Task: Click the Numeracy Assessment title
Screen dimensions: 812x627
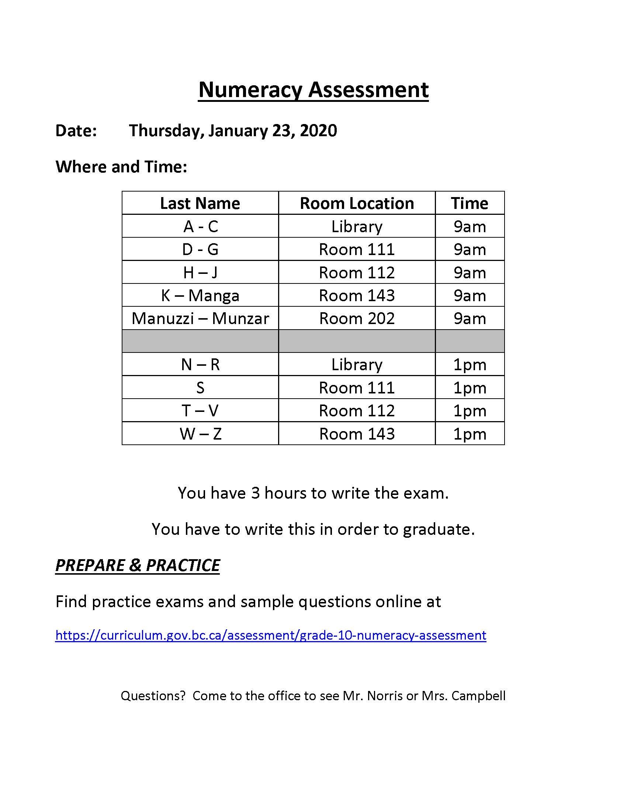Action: coord(313,90)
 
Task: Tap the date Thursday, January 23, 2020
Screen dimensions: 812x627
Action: coord(232,131)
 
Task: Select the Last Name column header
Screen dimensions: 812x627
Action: coord(200,203)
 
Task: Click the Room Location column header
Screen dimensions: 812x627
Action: coord(357,203)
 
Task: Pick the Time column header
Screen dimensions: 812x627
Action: coord(470,203)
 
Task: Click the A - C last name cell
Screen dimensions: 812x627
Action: coord(200,226)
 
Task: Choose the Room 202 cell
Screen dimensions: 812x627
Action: coord(357,319)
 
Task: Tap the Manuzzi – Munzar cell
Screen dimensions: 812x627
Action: coord(200,319)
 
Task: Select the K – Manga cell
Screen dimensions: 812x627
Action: coord(200,296)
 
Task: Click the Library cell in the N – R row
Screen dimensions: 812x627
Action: coord(357,365)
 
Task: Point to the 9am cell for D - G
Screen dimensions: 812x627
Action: coord(470,250)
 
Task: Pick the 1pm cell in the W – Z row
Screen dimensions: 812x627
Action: coord(470,434)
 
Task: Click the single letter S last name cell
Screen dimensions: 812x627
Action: coord(200,388)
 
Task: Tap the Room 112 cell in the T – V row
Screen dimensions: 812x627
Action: coord(357,411)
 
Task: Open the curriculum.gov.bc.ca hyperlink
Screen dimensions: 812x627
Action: coord(270,635)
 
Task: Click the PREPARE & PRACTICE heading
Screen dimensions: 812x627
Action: coord(138,565)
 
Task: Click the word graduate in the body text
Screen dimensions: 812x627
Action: coord(438,529)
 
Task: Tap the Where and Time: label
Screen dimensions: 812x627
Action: coord(121,167)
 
